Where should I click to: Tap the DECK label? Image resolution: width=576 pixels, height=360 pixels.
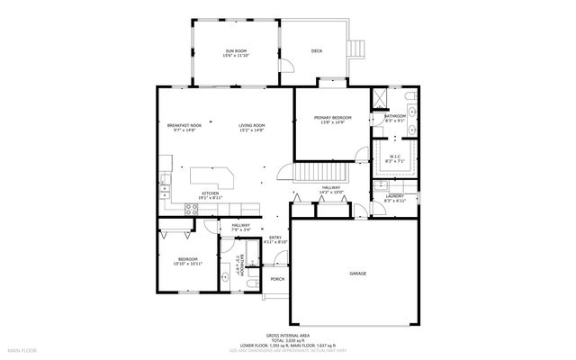(x=317, y=50)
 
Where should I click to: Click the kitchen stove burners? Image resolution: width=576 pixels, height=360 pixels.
(x=191, y=209)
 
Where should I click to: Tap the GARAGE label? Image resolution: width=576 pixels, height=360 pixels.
(x=358, y=272)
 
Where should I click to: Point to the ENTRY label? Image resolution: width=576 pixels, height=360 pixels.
(x=277, y=239)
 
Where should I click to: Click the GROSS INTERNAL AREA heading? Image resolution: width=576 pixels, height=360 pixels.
(x=288, y=333)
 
